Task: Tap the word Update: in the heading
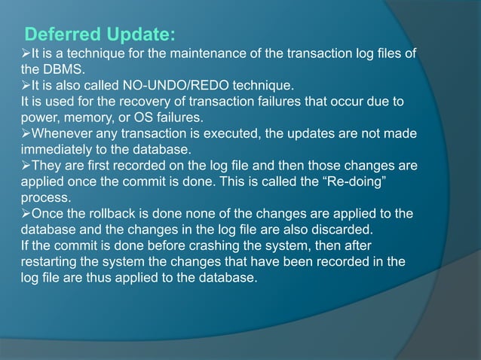[139, 35]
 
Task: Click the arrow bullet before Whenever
[26, 133]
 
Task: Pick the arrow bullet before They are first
[26, 166]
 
